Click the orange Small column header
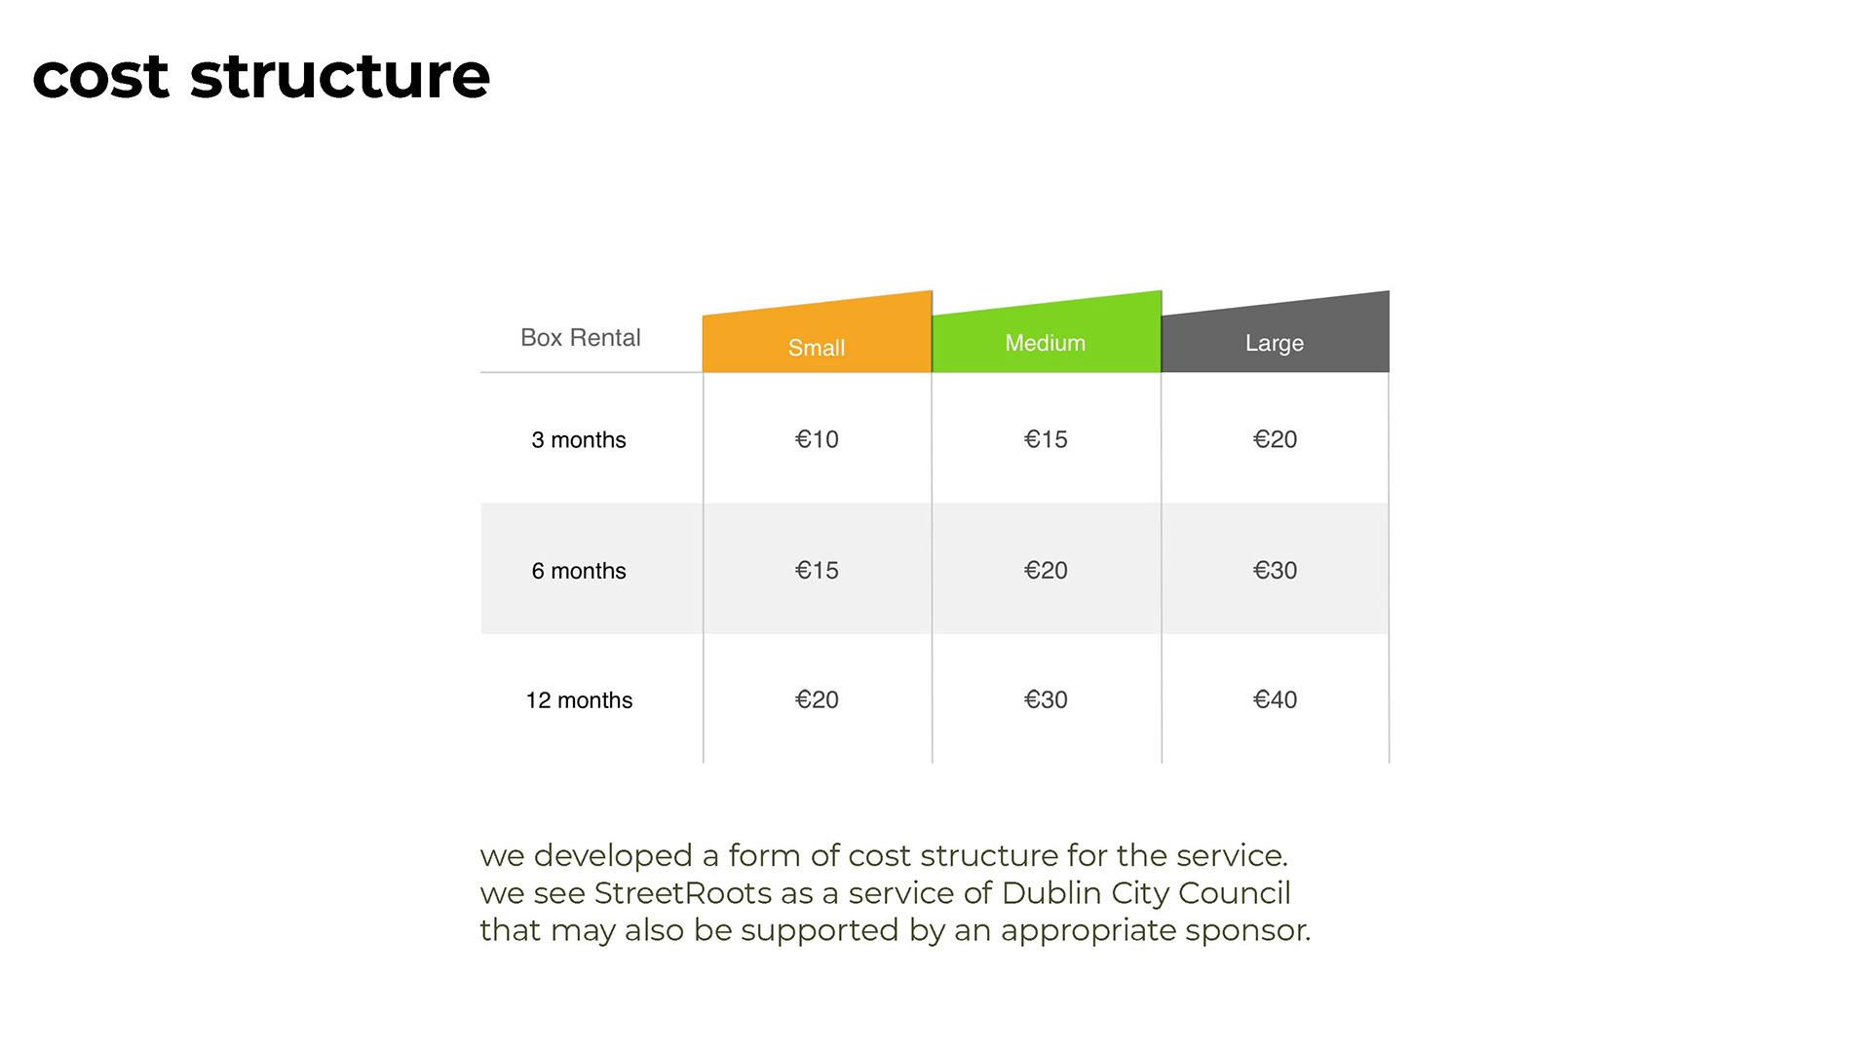point(817,336)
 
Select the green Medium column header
point(1047,336)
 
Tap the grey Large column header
point(1276,336)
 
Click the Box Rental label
point(581,338)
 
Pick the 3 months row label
point(579,440)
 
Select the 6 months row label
point(579,571)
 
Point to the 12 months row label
point(579,700)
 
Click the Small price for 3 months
point(817,439)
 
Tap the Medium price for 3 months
point(1046,439)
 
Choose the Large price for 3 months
point(1275,439)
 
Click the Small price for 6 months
point(817,570)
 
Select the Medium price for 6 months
point(1046,570)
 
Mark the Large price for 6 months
point(1275,570)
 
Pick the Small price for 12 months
point(817,699)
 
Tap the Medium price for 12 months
point(1046,699)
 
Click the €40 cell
point(1275,699)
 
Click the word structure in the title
point(340,76)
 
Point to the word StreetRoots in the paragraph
point(683,892)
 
